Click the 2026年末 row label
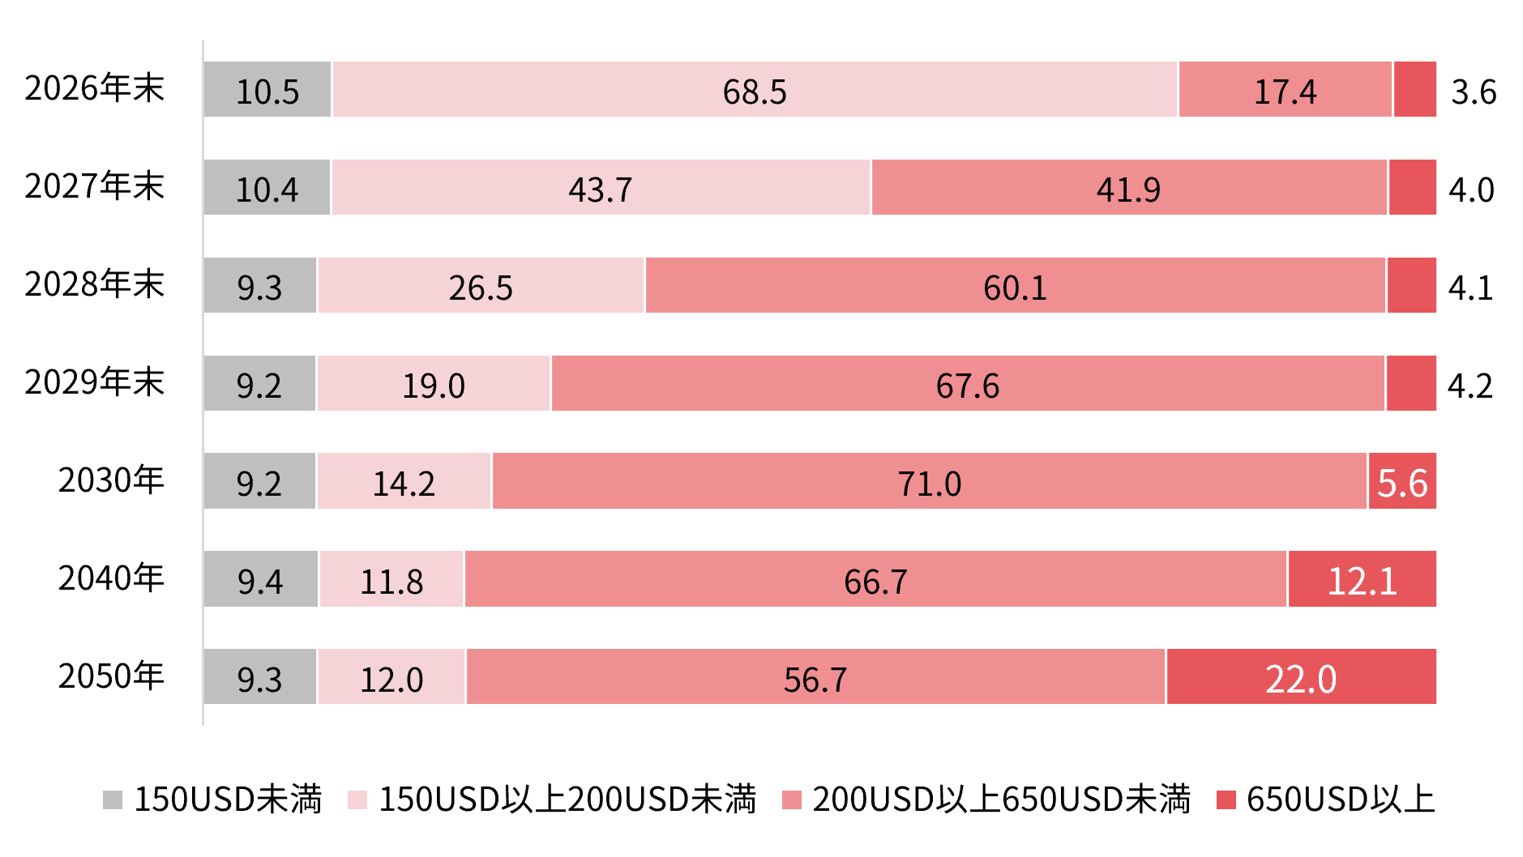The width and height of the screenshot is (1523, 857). click(x=95, y=88)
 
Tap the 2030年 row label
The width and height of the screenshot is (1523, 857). click(x=111, y=480)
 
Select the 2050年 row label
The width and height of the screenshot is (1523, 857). click(x=111, y=676)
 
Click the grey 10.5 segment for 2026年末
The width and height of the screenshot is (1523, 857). click(x=267, y=89)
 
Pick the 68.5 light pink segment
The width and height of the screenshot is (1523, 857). click(x=755, y=89)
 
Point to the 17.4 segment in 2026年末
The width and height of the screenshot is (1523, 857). click(x=1286, y=89)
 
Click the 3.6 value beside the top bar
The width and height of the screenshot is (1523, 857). click(x=1474, y=92)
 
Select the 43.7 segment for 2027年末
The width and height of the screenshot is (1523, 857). click(x=601, y=187)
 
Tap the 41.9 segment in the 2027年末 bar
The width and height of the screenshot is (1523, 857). click(x=1129, y=187)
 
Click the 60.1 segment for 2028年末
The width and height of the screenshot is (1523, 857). click(x=1016, y=285)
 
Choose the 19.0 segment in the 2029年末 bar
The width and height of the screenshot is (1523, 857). click(x=434, y=383)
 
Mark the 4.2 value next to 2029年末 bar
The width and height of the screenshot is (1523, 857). click(x=1470, y=386)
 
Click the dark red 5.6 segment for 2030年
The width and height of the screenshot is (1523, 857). click(x=1403, y=481)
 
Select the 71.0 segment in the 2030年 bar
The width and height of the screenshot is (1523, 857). click(x=930, y=481)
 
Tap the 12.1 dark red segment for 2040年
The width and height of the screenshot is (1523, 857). click(x=1363, y=579)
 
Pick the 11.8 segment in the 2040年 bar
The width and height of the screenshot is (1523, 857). click(x=391, y=579)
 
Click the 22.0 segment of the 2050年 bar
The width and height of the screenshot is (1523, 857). click(x=1302, y=676)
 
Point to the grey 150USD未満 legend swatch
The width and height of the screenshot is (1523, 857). click(x=113, y=799)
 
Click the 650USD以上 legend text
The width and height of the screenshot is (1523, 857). click(x=1341, y=799)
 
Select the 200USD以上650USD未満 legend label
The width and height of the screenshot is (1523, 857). click(x=1002, y=799)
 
